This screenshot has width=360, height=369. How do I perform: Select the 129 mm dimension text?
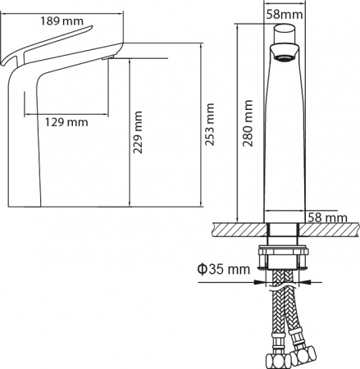66,122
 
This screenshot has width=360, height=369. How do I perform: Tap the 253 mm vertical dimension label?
210,121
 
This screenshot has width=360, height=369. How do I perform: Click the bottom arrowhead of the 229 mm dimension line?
130,204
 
